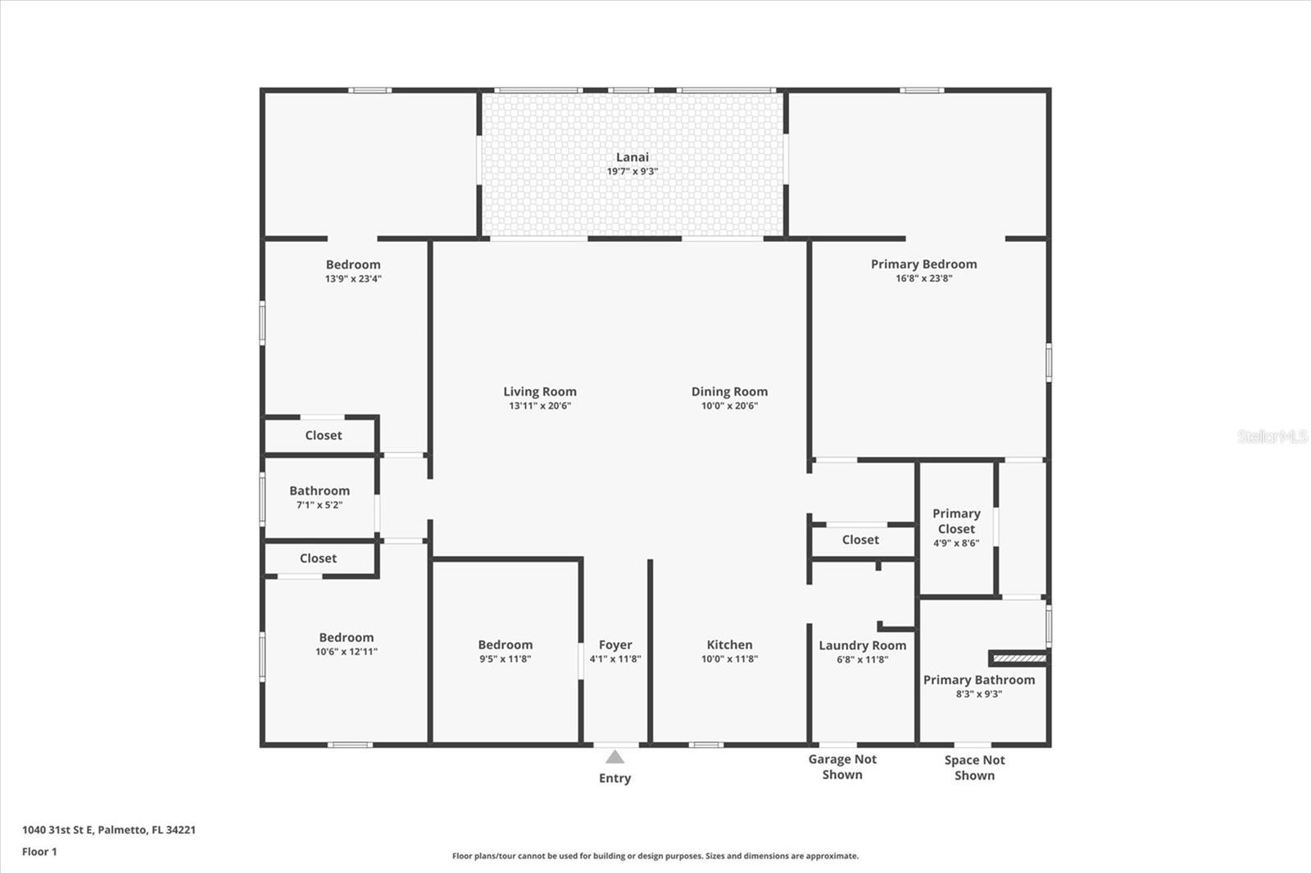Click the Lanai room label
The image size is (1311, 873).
coord(632,157)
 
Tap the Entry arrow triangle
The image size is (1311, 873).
coord(615,757)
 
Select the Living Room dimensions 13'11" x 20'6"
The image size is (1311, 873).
coord(539,406)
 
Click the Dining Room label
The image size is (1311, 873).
coord(729,391)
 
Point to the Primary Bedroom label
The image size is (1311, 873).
coord(923,264)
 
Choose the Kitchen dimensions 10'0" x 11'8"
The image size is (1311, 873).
coord(729,659)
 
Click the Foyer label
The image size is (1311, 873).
coord(615,645)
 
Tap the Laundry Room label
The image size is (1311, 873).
coord(862,645)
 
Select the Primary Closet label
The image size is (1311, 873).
coord(956,521)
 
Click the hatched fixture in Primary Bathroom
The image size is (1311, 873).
coord(1018,658)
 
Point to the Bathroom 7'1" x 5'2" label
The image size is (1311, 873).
coord(319,491)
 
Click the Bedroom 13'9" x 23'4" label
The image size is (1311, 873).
coord(352,265)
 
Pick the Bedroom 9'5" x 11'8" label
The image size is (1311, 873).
coord(505,645)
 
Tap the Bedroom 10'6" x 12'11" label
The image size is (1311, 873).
coord(346,638)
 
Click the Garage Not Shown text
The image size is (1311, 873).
coord(842,767)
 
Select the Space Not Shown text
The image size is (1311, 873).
coord(974,767)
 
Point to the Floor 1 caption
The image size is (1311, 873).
coord(39,852)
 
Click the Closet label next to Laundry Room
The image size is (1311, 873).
coord(860,540)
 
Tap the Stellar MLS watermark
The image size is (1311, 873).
coord(1272,436)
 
